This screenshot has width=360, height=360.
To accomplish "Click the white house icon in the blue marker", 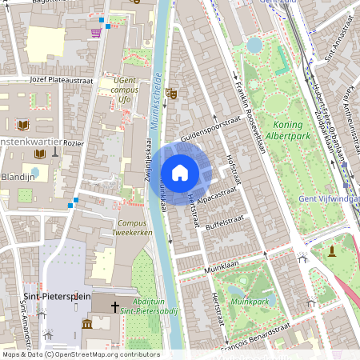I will (180, 172).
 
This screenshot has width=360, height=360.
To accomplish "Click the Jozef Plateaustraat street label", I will (61, 81).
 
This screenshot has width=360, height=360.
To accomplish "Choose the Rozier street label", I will (74, 143).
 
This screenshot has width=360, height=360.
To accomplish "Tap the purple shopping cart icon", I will (96, 32).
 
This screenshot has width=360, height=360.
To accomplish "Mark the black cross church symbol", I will (114, 306).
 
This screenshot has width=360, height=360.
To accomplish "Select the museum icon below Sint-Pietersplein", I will (86, 323).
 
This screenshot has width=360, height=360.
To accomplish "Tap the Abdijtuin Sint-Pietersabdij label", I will (154, 306).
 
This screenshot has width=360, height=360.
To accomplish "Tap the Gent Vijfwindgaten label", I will (328, 198).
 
